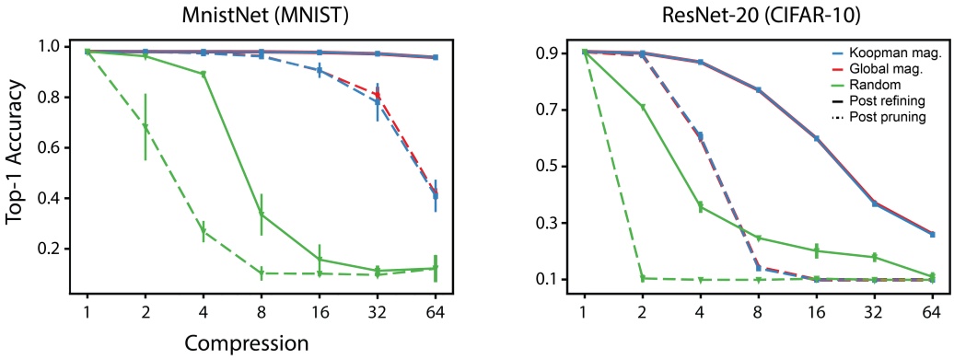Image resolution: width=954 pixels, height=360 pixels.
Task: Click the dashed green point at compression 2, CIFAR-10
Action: point(642,278)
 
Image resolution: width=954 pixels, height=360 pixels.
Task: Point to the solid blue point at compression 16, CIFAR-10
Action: point(816,138)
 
